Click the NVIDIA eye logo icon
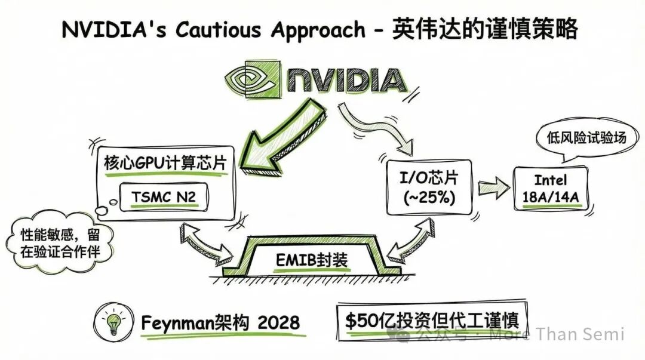click(250, 80)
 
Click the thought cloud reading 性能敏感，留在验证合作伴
click(60, 242)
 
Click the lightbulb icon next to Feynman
click(113, 323)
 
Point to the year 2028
click(278, 322)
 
